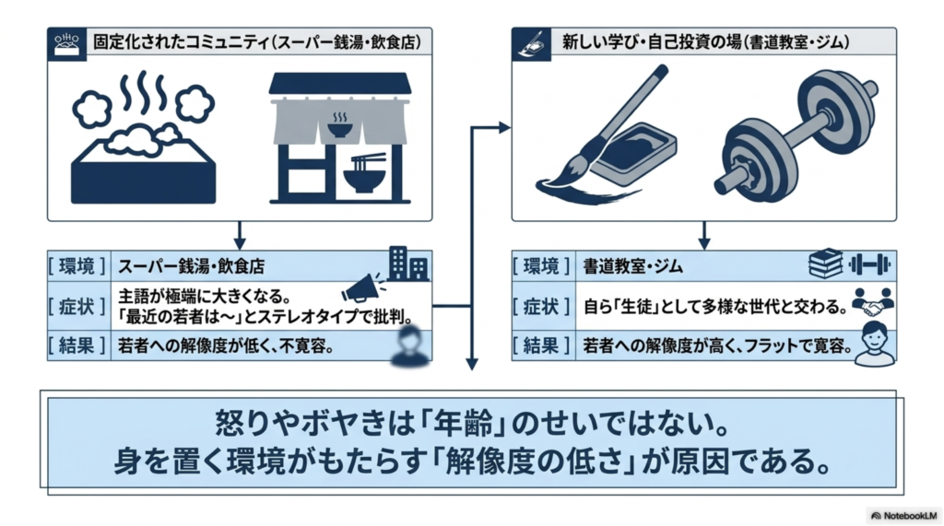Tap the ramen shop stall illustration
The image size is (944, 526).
pos(340,138)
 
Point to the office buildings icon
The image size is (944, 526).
pos(408,263)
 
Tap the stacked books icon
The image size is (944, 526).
pos(825,263)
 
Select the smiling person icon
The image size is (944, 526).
pos(876,344)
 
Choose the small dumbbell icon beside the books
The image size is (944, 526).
pos(869,263)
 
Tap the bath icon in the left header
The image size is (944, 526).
pos(66,44)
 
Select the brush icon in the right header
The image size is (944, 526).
pos(531,44)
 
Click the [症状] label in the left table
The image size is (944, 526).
pos(77,307)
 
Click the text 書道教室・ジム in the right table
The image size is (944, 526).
pos(632,266)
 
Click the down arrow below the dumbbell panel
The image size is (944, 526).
pos(703,235)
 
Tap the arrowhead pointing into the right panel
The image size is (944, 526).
pos(504,127)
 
